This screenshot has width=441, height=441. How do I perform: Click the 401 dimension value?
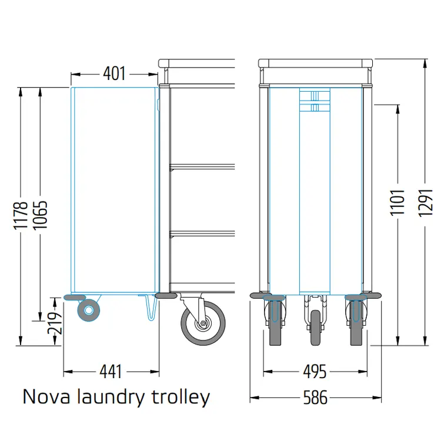tap(114, 73)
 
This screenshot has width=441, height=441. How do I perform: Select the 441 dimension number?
tap(111, 372)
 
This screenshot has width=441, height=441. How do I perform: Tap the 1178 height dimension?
tap(21, 215)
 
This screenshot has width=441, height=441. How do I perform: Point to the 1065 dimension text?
tap(40, 215)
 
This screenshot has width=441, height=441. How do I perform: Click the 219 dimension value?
tap(55, 322)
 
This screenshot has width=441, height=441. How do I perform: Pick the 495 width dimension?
tap(315, 372)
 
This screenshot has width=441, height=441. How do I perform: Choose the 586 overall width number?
tap(315, 397)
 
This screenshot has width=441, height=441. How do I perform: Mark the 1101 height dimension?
tap(397, 202)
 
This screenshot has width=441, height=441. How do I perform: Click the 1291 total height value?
tap(425, 202)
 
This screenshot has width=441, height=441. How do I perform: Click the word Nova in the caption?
tap(46, 397)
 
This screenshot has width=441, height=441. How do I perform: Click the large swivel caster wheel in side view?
tap(203, 323)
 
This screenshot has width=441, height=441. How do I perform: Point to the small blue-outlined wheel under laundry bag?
tap(89, 310)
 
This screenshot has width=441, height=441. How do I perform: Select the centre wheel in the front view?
tap(316, 328)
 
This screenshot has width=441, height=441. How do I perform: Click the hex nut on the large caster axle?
tap(203, 323)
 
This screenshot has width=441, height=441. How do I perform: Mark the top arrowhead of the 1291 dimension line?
tap(425, 64)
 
